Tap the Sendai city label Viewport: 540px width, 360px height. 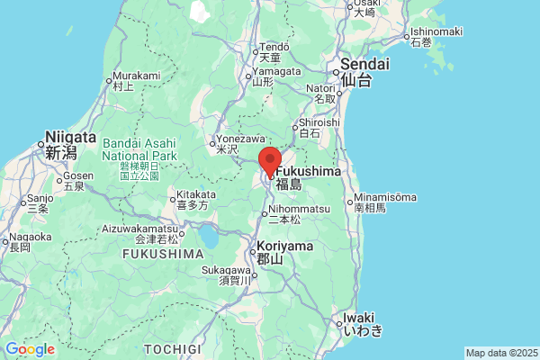pos(364,65)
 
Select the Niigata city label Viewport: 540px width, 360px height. pos(70,138)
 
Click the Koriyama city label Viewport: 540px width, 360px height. pos(284,246)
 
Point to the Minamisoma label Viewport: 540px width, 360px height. pos(386,197)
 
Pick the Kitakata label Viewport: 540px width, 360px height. pos(196,194)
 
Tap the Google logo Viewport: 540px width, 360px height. pos(31,349)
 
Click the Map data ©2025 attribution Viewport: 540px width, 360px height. pos(500,353)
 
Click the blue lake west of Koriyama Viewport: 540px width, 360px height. pos(209,238)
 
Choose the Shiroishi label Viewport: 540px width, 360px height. pos(319,122)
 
